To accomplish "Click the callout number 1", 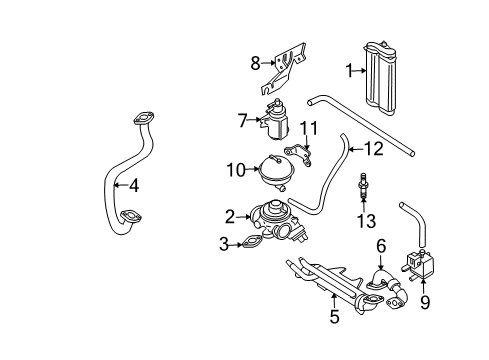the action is point(349,71).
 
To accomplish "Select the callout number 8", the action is point(255,63).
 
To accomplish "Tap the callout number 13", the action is point(366,221).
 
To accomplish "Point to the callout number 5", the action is point(334,316).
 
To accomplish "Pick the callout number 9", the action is point(425,303).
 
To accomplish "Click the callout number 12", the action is point(374,149).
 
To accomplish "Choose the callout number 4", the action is point(134,185).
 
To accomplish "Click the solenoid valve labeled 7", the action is point(275,119).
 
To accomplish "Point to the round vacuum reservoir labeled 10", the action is point(276,172).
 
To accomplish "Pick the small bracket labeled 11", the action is point(298,155).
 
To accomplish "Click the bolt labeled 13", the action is point(362,187).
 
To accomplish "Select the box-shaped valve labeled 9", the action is point(420,264).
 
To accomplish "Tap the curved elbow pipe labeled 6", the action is point(388,288).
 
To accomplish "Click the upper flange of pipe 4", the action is point(144,119).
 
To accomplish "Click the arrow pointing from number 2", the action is point(243,217).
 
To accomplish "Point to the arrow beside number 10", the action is point(252,170).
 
